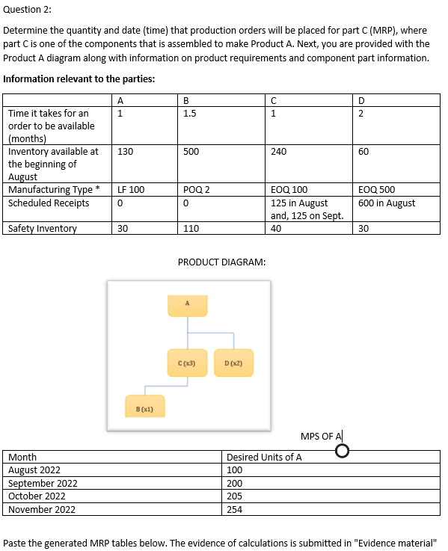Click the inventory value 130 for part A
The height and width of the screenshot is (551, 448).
[126, 151]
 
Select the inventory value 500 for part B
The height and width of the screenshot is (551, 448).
[191, 151]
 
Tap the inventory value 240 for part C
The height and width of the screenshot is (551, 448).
[279, 151]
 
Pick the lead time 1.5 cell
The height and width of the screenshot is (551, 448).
[190, 114]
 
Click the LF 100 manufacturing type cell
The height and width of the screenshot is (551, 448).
[131, 190]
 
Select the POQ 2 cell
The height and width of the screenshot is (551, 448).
[195, 190]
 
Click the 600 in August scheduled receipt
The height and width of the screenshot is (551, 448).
[387, 203]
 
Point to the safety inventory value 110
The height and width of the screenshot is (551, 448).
[191, 229]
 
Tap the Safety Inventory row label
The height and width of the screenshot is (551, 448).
[43, 229]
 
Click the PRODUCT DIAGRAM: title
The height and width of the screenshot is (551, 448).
[221, 262]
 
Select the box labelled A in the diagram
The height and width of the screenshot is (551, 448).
[188, 305]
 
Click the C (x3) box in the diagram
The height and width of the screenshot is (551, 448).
[188, 364]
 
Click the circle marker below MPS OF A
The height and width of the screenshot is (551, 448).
[343, 451]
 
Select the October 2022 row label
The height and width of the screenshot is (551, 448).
[37, 496]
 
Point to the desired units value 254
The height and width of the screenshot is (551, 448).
[235, 509]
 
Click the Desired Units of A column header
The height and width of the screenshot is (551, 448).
[264, 457]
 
